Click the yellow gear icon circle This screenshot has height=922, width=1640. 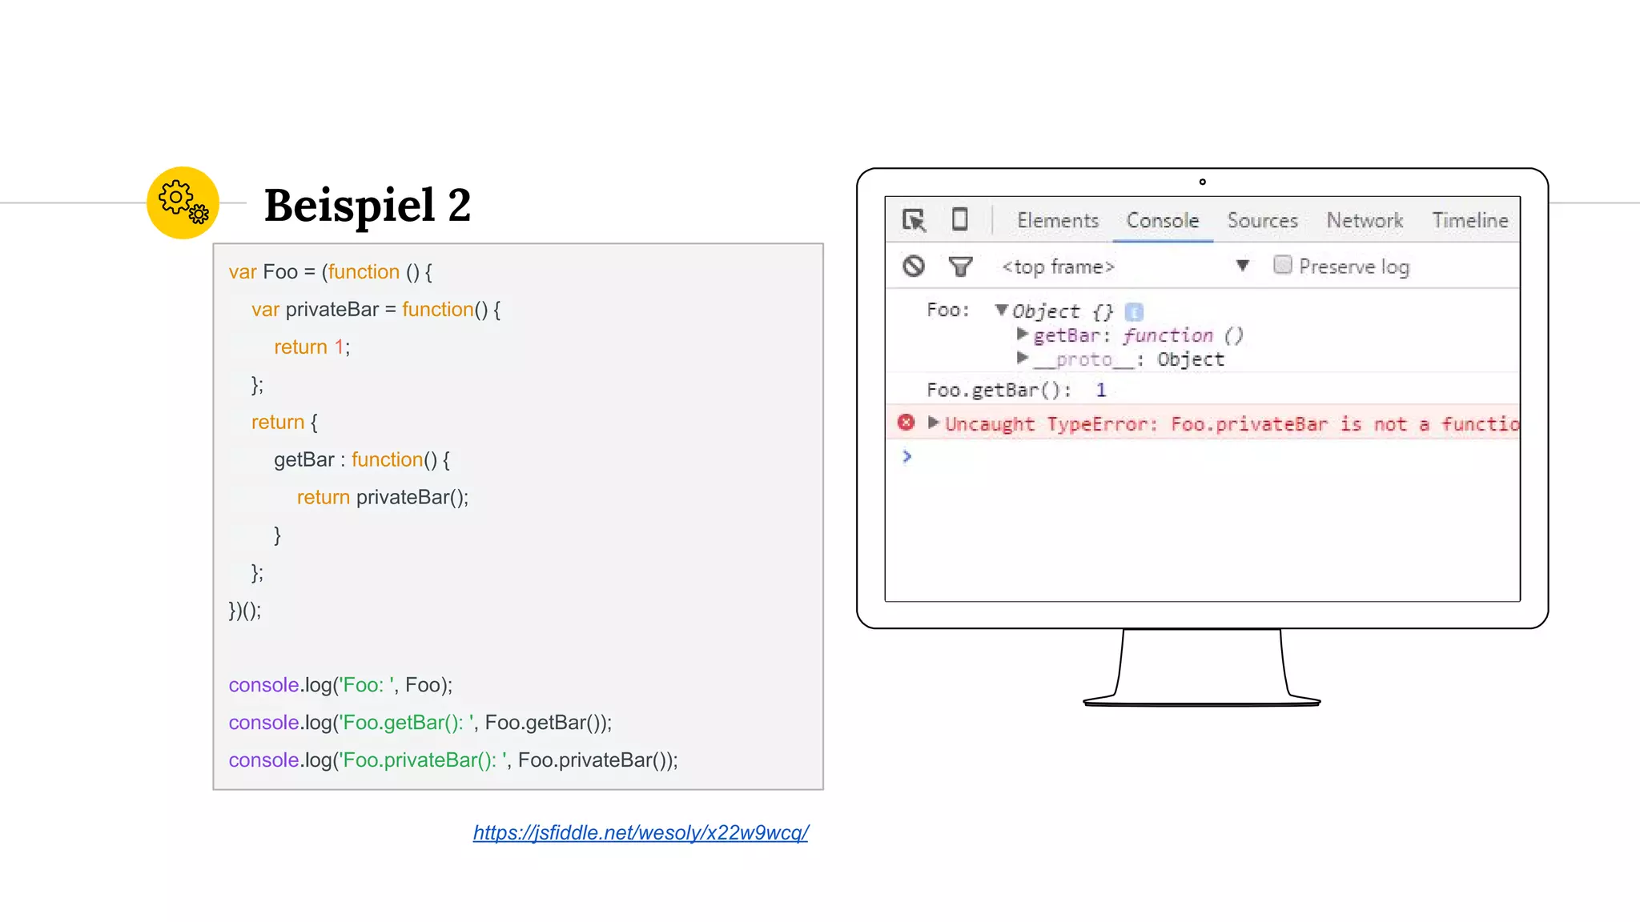tap(183, 202)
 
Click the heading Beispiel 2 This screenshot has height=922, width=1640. tap(368, 205)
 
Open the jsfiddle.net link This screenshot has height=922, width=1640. tap(641, 832)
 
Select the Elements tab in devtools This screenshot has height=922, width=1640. tap(1058, 220)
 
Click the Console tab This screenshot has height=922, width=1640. tap(1163, 220)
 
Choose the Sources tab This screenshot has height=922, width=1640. tap(1262, 220)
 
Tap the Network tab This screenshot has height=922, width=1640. tap(1365, 220)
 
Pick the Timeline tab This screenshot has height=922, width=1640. tap(1470, 220)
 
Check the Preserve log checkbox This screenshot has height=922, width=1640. tap(1283, 265)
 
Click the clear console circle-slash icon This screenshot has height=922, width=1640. tap(914, 266)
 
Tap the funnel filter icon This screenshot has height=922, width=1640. tap(960, 266)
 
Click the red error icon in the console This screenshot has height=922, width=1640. tap(906, 423)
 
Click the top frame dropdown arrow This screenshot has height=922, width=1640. tap(1243, 265)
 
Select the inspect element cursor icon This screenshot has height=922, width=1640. tap(914, 220)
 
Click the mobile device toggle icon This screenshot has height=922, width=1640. tap(959, 219)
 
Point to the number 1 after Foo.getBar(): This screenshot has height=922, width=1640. tap(1101, 390)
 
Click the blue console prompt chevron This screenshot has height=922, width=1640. tap(906, 456)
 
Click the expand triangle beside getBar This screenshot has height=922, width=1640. tap(1022, 334)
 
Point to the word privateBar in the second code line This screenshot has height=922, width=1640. tap(332, 310)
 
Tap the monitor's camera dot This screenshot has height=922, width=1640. tap(1202, 182)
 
